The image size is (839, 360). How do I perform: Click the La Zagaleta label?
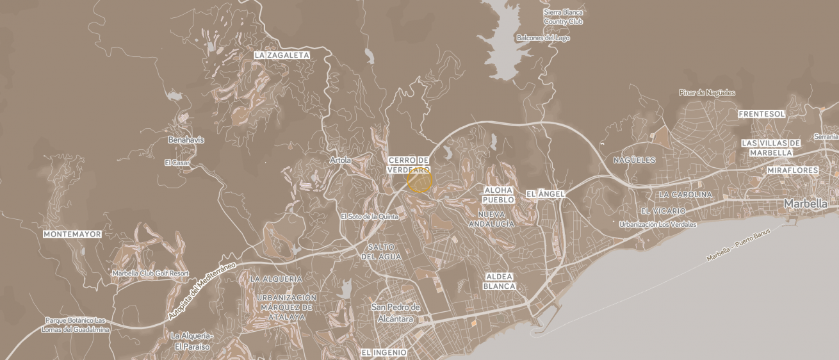point(282,55)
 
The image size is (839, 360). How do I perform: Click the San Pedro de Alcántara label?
point(396,313)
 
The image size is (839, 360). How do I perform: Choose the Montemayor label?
point(72,234)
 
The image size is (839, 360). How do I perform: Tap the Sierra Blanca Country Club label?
point(563,17)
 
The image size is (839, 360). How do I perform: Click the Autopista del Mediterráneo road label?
point(202,291)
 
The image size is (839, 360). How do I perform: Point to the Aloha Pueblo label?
point(498,195)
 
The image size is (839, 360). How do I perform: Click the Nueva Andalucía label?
point(492,219)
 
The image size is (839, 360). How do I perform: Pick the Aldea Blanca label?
point(500,281)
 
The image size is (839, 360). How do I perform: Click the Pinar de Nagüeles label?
point(707,93)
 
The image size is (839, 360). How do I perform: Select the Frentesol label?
point(762,114)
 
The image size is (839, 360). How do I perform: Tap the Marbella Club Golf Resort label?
point(151,274)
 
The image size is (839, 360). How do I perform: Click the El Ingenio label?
point(384,352)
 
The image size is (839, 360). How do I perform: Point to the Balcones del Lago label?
point(543,38)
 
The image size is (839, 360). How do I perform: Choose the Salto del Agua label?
point(381,252)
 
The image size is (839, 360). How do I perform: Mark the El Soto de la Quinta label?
point(370,217)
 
